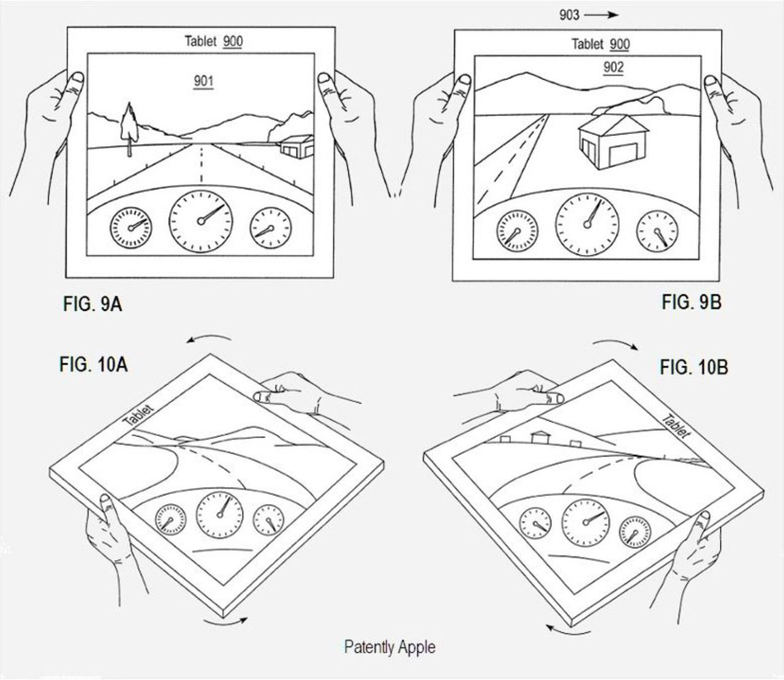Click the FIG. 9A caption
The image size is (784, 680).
point(92,304)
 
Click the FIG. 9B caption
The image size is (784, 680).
point(691,302)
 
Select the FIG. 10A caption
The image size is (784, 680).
point(93,365)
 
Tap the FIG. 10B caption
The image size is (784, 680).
point(693,367)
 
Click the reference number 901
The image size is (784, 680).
point(203,80)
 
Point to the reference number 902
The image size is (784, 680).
point(613,67)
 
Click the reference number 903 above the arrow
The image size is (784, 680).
point(568,15)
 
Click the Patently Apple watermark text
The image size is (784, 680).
point(390,647)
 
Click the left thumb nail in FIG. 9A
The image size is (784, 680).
point(77,78)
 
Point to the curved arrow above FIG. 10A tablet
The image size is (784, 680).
point(209,338)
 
